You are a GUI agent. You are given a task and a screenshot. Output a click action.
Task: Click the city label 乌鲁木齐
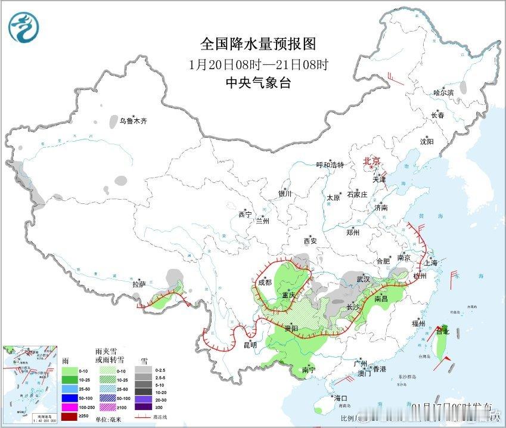point(132,121)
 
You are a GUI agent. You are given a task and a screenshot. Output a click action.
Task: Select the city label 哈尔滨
point(443,92)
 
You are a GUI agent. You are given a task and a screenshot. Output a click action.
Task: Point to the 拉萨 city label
point(139,284)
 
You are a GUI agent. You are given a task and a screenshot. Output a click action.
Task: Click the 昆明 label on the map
point(250,345)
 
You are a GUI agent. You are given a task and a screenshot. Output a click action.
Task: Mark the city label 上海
point(430,262)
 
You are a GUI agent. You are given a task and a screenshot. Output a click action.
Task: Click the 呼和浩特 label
point(330,165)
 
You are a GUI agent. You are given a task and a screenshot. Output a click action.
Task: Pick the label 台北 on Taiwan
point(442,331)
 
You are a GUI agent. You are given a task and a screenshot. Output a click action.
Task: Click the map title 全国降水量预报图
point(257,44)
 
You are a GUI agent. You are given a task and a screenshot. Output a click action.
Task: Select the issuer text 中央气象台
point(257,83)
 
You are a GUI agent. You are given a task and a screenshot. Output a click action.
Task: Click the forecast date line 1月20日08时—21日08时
point(257,64)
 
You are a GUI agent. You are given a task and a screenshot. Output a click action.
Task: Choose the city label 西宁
point(245,215)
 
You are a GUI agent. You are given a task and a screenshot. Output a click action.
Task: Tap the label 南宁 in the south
point(308,370)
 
